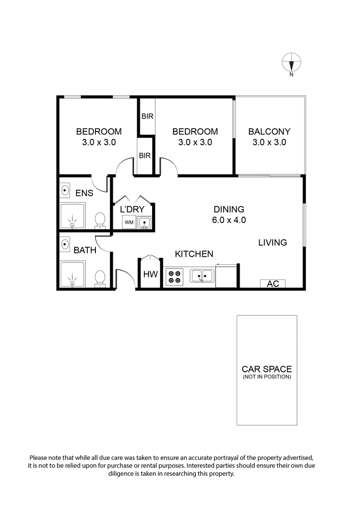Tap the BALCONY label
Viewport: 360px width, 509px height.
269,132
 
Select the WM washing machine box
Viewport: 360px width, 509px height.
129,222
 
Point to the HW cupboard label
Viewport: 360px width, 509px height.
150,274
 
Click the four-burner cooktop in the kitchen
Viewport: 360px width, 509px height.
174,276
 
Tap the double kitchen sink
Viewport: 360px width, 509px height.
202,275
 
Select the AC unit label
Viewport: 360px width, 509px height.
273,284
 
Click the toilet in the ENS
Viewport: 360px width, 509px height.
100,220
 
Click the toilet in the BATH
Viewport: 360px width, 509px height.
100,278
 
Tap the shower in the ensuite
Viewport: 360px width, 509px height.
72,217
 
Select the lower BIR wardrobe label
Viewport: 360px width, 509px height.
145,156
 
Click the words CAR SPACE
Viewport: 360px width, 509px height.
267,369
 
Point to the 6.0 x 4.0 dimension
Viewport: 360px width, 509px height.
229,220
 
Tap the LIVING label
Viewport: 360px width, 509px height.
272,243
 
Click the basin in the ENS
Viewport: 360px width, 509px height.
64,191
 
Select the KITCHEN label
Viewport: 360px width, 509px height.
194,254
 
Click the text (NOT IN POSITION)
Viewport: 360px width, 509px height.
267,377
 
